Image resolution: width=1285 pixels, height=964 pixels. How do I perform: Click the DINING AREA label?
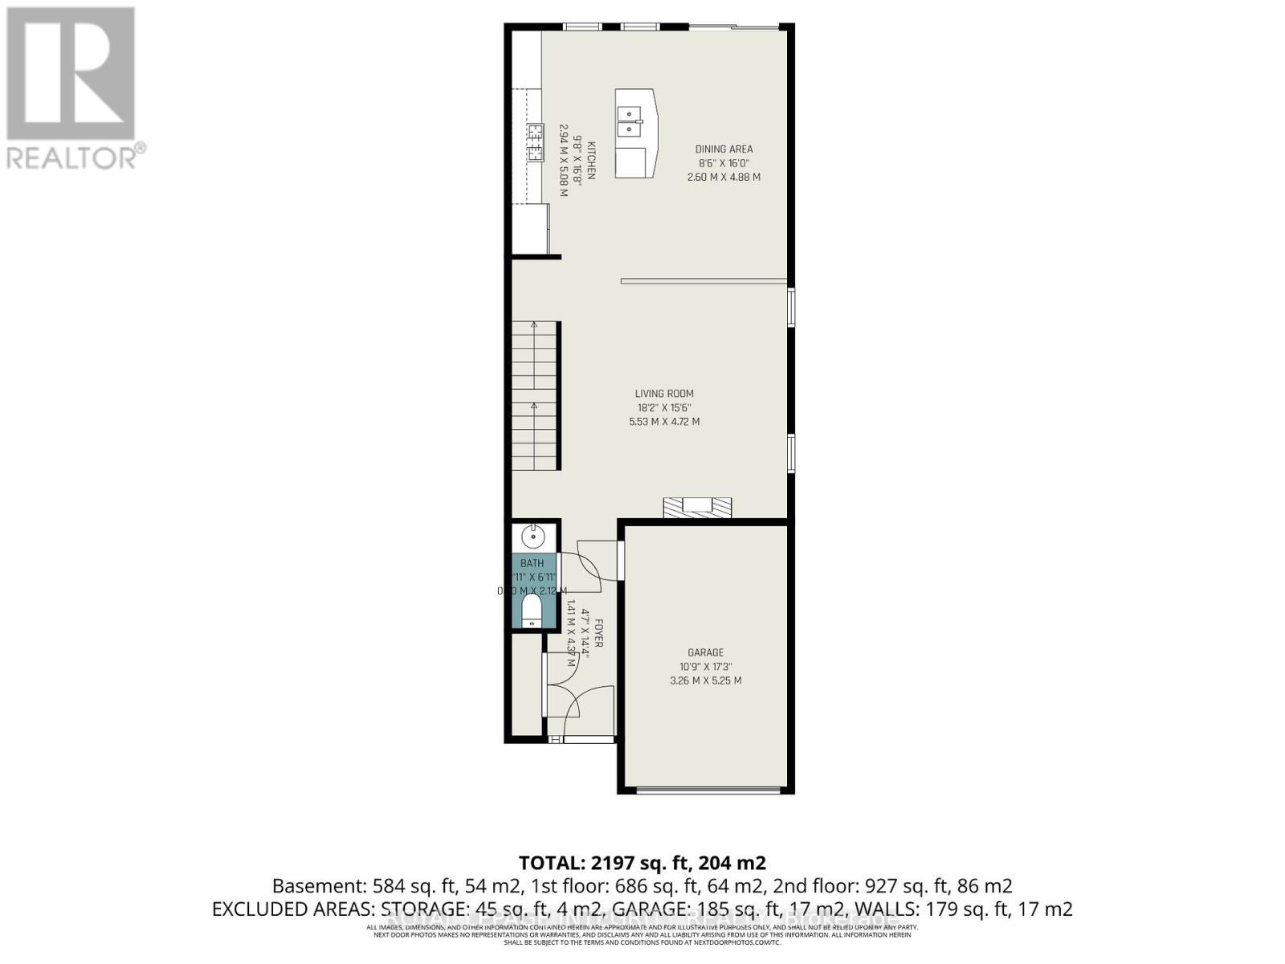tap(724, 149)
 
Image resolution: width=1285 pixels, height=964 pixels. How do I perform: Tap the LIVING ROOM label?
tap(664, 394)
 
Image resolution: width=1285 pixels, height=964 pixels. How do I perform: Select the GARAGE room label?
tap(705, 652)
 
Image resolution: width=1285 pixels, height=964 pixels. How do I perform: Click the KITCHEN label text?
tap(591, 161)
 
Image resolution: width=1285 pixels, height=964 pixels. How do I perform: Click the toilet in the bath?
tap(532, 611)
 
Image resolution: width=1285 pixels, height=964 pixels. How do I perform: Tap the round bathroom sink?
tap(532, 535)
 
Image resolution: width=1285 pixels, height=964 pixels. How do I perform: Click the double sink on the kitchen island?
tap(630, 120)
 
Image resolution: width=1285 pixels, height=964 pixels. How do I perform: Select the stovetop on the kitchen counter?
tap(535, 143)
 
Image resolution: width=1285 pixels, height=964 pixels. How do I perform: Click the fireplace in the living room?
tap(697, 507)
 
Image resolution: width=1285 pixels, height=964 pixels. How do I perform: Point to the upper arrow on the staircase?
tap(534, 325)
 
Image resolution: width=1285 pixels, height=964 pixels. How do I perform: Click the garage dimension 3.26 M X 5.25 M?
tap(705, 680)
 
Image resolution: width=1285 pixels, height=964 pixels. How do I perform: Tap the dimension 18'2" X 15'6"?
tap(664, 407)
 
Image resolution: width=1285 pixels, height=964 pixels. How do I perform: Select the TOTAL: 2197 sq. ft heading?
tap(642, 863)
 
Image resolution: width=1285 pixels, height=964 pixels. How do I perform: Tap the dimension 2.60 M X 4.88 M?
tap(724, 177)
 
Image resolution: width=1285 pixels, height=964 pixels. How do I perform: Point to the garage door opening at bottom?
tap(708, 790)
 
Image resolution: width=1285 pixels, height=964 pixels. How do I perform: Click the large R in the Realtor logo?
tap(71, 74)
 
